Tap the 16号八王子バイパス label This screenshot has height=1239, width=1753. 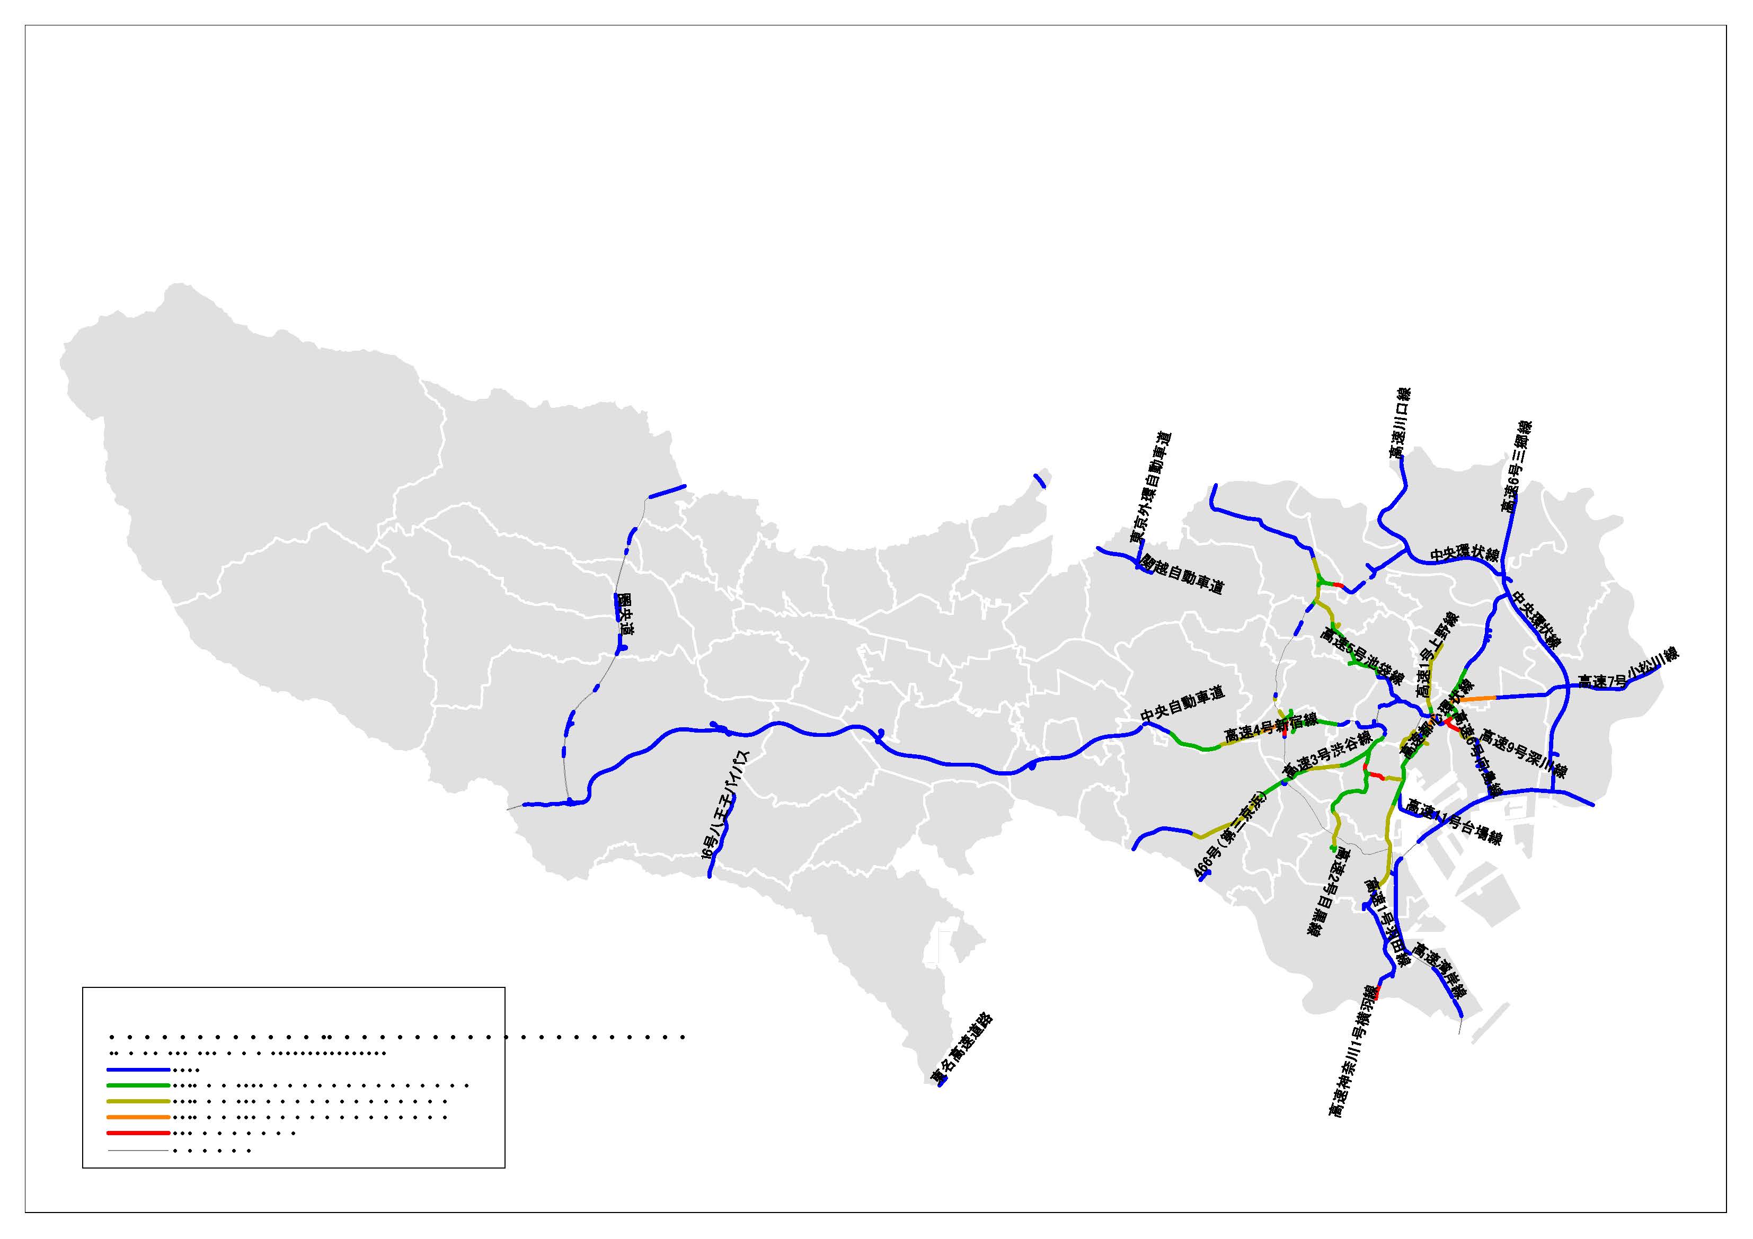[725, 805]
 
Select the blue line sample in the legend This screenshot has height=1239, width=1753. [137, 1069]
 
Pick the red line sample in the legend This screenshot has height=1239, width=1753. [137, 1133]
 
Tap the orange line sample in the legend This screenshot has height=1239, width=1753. [137, 1117]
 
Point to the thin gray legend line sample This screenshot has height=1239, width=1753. [137, 1149]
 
